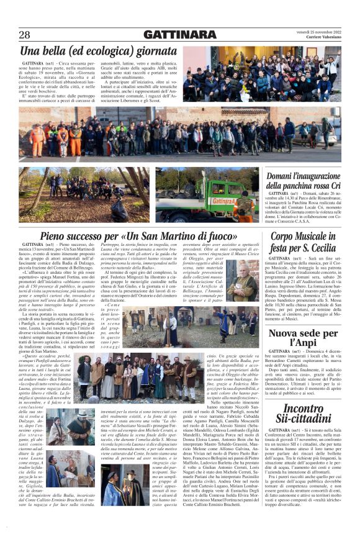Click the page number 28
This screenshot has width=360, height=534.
pos(24,35)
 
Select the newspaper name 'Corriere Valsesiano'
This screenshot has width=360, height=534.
pos(318,38)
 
